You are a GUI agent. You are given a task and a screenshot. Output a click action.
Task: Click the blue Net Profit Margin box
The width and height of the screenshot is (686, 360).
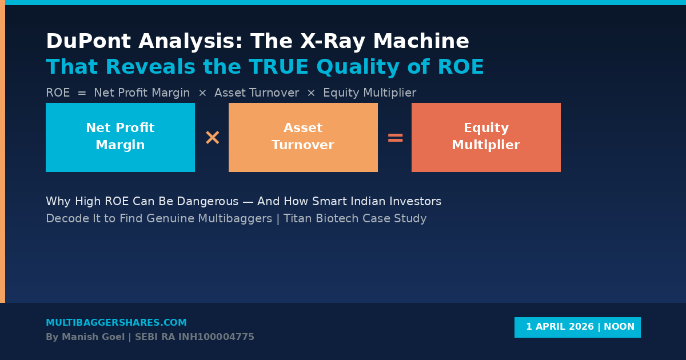coord(120,137)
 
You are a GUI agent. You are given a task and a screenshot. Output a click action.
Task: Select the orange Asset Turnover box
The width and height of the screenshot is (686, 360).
coord(303,137)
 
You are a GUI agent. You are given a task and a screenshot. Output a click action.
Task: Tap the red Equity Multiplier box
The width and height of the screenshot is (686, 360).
coord(486,137)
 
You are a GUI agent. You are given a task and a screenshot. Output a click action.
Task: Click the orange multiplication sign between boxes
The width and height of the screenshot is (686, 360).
coord(212,138)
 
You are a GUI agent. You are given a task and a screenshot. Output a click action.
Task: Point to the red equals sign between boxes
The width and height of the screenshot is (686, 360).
coord(395,138)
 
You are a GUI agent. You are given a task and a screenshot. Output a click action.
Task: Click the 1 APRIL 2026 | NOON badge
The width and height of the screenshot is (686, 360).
coord(577,327)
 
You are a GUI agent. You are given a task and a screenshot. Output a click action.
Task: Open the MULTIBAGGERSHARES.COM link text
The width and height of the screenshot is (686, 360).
coord(116,323)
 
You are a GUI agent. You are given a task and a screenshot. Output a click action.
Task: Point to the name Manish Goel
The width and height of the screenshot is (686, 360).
coord(93,337)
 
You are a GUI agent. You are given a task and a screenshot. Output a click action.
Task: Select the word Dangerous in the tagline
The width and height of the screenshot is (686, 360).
coord(208,202)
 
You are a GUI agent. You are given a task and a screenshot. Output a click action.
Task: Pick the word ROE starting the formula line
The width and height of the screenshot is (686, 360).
coord(58,93)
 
